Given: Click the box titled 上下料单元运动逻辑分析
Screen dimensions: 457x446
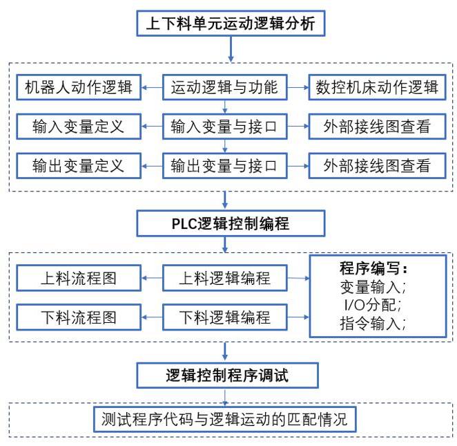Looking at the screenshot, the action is (x=231, y=24).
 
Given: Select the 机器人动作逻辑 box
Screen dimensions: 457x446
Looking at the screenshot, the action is (x=79, y=87).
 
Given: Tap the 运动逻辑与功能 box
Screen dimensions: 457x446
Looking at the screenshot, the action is (x=225, y=87).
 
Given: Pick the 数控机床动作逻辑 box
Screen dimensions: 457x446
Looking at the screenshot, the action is (x=378, y=87).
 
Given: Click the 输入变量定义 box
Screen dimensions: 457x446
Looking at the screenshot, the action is (x=79, y=127).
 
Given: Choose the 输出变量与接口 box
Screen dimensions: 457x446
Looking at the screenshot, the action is (x=225, y=165).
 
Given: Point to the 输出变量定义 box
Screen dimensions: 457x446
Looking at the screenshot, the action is (x=79, y=165).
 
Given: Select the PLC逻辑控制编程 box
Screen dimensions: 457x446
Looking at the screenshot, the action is (x=231, y=223).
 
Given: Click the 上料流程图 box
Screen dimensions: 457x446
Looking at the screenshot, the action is (x=79, y=278).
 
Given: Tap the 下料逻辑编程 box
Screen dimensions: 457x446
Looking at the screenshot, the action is (x=225, y=317).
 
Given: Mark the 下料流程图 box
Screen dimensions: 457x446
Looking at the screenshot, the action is (x=79, y=317).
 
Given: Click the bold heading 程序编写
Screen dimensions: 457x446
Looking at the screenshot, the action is (x=373, y=268).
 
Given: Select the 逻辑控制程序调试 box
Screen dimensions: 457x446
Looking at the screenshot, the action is (x=227, y=375).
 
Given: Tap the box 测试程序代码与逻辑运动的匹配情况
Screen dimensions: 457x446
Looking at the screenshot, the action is (x=225, y=420).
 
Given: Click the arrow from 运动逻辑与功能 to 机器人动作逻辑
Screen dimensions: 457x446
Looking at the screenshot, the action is (x=152, y=87).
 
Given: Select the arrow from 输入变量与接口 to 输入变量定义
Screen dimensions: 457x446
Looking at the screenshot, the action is (x=152, y=127).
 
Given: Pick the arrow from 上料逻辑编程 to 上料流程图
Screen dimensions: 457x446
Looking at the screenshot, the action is (x=152, y=278).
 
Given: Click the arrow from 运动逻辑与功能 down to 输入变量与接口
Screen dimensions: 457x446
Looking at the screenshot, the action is (x=225, y=106).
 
